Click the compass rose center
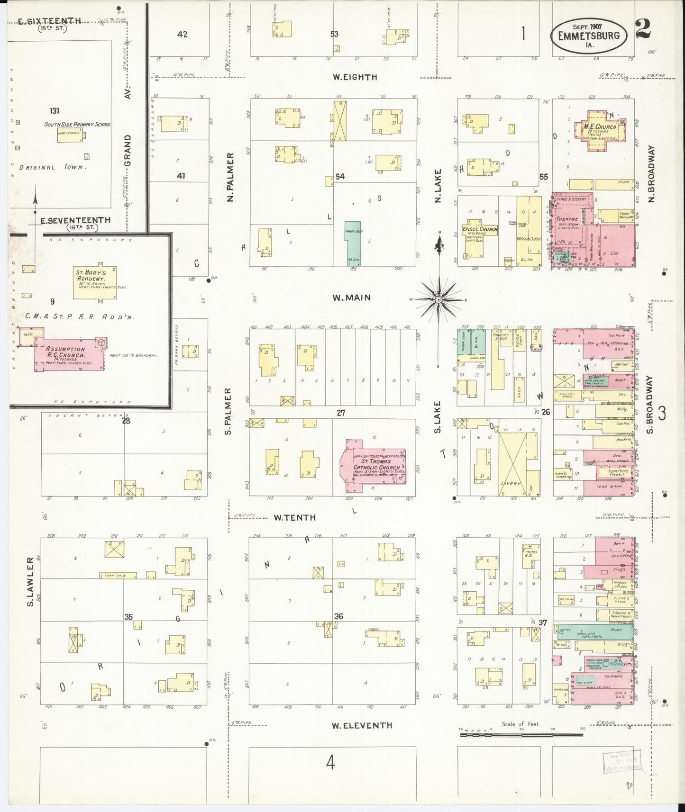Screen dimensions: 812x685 click(x=439, y=300)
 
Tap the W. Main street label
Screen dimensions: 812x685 click(x=351, y=298)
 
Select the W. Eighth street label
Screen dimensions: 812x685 click(x=355, y=77)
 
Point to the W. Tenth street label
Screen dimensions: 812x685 click(x=294, y=517)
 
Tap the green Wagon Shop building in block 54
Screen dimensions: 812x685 click(x=352, y=243)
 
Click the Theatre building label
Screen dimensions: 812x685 click(x=566, y=219)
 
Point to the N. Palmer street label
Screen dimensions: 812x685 click(x=230, y=178)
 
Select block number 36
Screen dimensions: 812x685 click(x=338, y=616)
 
